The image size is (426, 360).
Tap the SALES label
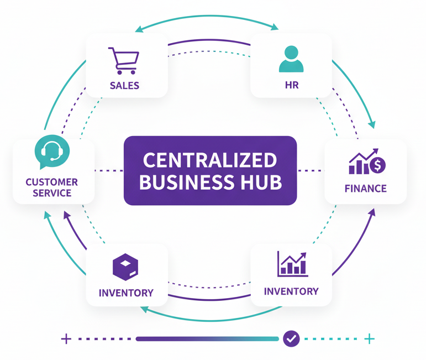pos(124,86)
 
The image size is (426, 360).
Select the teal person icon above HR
pos(291,60)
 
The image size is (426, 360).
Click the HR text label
pos(291,86)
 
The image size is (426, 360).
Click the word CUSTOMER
pos(51,182)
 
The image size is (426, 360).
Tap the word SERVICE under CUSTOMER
pos(51,194)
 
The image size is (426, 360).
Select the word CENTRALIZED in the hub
pos(210,160)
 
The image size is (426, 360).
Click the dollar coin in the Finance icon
pos(379,164)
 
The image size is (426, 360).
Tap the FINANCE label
pos(365,189)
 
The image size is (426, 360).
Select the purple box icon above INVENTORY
pos(125,268)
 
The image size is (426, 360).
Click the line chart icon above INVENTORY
pos(292,264)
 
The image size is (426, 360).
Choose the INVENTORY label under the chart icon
pos(291,291)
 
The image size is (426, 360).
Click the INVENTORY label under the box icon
pos(126,293)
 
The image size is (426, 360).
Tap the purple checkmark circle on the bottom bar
pos(291,338)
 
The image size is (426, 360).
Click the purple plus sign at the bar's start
pos(66,338)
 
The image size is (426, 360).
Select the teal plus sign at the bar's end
pos(370,338)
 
